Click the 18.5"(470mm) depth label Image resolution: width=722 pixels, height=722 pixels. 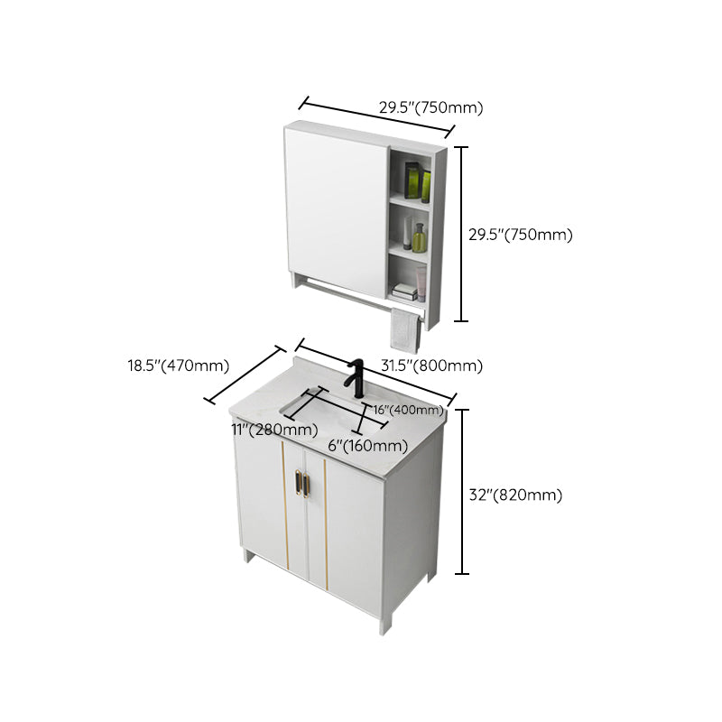tap(178, 366)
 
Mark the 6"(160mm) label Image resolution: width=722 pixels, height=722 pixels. tap(367, 445)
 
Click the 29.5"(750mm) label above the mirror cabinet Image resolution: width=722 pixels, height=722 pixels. tap(430, 107)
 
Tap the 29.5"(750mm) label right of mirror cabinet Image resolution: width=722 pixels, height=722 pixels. tap(520, 235)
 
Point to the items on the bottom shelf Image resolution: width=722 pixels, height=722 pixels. tap(406, 291)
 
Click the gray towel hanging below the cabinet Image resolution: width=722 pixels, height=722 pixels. tap(404, 329)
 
